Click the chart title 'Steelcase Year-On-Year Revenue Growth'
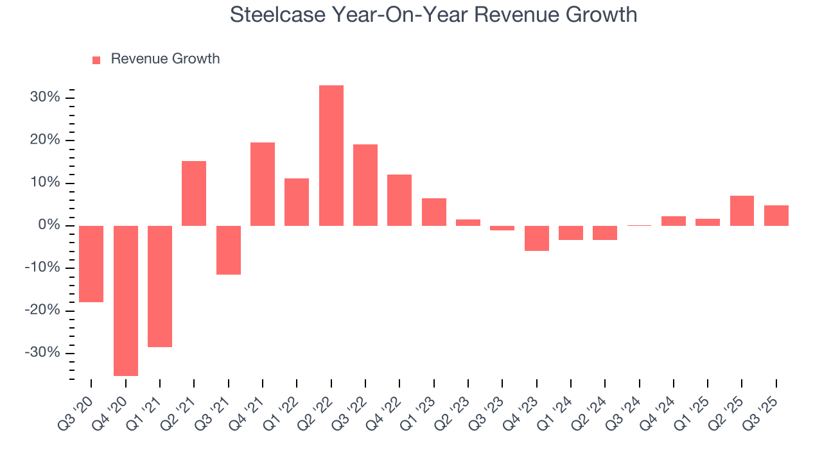(433, 14)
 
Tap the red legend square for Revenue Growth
(96, 60)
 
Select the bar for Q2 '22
(331, 155)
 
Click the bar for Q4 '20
(126, 300)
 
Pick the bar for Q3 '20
(91, 264)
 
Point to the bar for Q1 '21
(160, 286)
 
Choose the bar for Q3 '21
(229, 250)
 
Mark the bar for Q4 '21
(263, 184)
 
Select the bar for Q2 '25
(742, 210)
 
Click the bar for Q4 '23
(537, 238)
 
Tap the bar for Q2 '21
(194, 193)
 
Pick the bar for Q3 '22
(365, 185)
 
